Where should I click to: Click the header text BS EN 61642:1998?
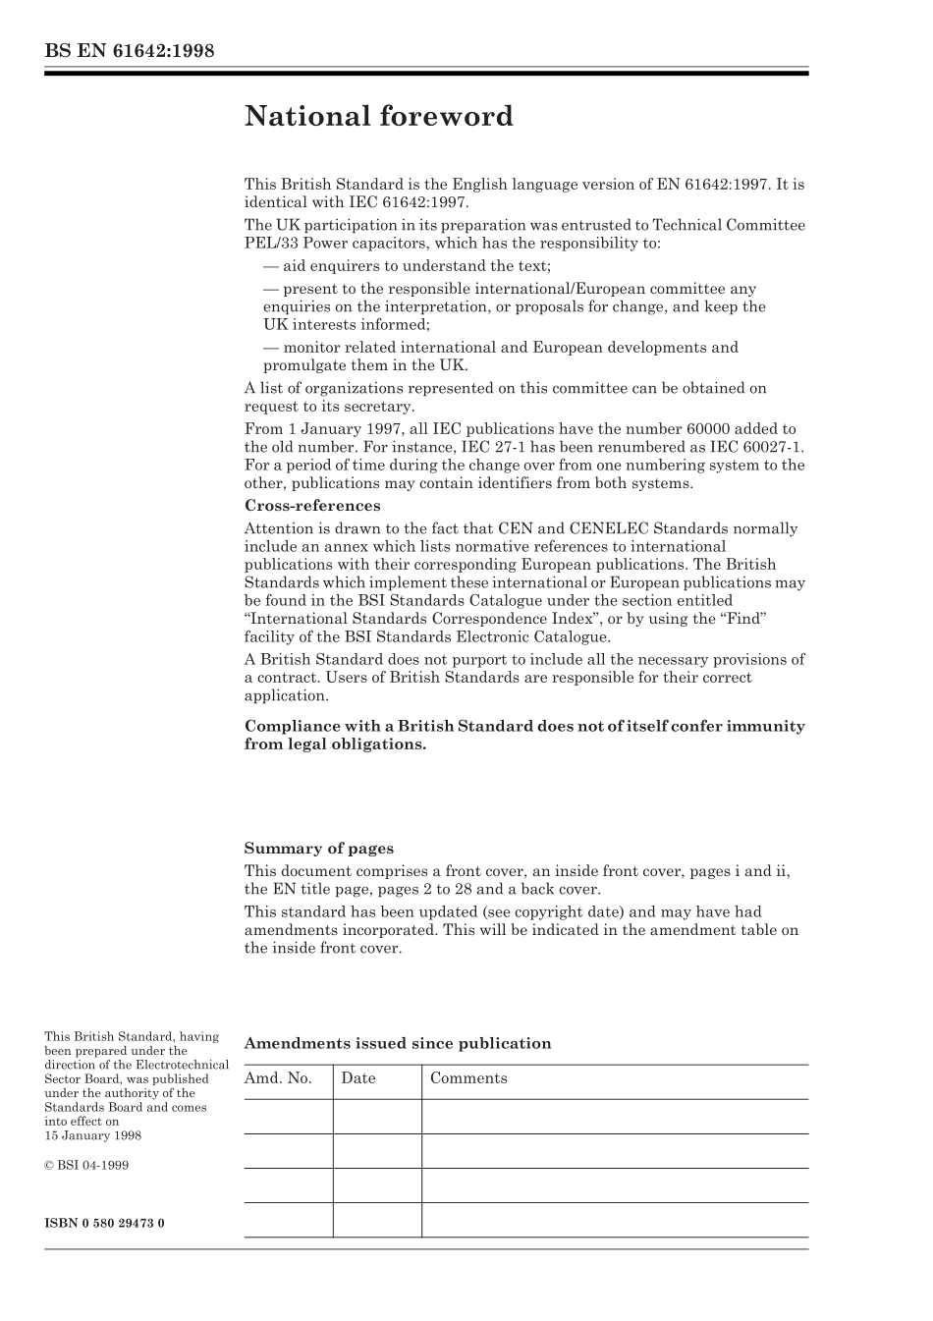coord(129,51)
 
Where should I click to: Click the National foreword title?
coord(378,117)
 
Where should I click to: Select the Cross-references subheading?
coord(311,506)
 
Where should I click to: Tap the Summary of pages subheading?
coord(318,849)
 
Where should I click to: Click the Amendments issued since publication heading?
coord(397,1044)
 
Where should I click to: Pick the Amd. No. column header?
coord(278,1078)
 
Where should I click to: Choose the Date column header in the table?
coord(358,1078)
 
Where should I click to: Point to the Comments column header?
coord(468,1078)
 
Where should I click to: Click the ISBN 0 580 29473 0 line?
coord(104,1223)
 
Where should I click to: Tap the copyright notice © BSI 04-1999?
coord(86,1166)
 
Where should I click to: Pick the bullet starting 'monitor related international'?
coord(500,348)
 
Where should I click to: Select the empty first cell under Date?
coord(377,1117)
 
